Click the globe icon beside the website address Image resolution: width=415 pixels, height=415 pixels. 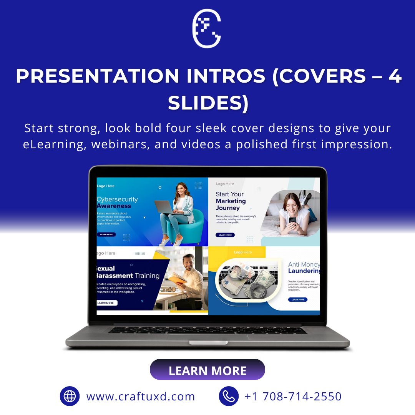[70, 396]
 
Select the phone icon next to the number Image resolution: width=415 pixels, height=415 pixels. [229, 396]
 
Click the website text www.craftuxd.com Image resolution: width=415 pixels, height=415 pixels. [141, 396]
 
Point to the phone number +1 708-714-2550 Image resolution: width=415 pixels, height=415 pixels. [293, 396]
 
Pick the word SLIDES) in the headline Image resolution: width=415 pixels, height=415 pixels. [208, 102]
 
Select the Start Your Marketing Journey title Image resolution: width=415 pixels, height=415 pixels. [231, 201]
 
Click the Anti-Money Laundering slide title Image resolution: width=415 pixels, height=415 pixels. [304, 268]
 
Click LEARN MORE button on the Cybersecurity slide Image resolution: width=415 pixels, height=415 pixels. [106, 234]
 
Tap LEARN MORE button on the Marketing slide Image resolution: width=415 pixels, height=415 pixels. [225, 235]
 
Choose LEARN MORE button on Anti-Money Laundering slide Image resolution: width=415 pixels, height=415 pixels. [298, 299]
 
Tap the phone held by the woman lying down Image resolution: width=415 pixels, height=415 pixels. [292, 220]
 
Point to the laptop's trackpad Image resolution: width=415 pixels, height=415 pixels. [207, 337]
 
